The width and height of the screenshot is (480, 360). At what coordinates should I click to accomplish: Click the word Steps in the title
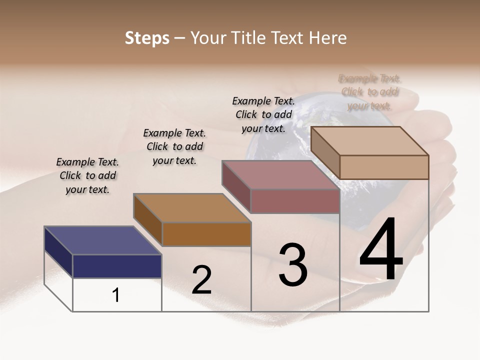tap(147, 38)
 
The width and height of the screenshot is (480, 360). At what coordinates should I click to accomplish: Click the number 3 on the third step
tap(293, 265)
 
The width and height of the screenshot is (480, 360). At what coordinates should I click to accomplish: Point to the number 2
tap(201, 280)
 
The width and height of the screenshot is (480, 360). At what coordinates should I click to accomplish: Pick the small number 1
tap(116, 295)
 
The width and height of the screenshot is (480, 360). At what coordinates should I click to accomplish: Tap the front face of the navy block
tap(117, 266)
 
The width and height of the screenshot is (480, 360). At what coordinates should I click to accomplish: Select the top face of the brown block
tap(192, 207)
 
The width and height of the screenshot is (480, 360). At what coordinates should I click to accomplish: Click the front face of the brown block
tap(206, 234)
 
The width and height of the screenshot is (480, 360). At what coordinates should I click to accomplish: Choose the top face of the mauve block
tap(280, 174)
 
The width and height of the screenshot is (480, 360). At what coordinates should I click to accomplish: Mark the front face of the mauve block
tap(295, 201)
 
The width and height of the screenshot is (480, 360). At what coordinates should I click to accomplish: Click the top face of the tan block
tap(369, 140)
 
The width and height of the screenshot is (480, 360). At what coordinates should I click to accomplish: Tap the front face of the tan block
tap(384, 167)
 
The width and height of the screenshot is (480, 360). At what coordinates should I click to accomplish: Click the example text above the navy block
tap(87, 176)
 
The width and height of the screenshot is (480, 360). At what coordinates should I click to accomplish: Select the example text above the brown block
tap(174, 146)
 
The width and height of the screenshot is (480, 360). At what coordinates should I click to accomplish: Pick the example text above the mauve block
tap(263, 114)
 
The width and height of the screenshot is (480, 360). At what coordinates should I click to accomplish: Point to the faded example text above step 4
tap(369, 92)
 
